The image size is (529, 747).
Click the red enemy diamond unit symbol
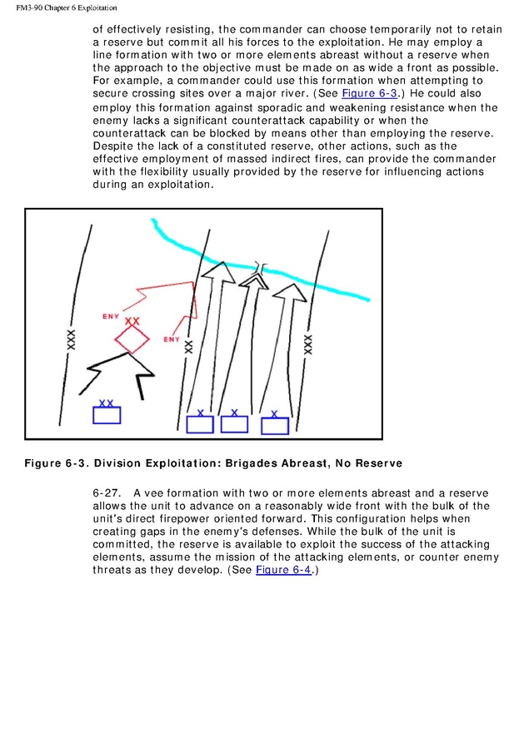(x=131, y=339)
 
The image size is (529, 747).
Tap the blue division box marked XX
(x=107, y=414)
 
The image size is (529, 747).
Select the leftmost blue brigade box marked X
(x=200, y=424)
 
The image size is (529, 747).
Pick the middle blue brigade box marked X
(x=234, y=423)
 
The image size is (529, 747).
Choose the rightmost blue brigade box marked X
(x=275, y=425)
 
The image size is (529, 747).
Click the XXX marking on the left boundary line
(x=72, y=339)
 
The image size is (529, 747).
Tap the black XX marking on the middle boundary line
(x=188, y=347)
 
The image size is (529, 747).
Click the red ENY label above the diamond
(x=110, y=317)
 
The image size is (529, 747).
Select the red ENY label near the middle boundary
(x=171, y=339)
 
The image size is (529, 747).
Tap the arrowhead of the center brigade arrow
(x=256, y=280)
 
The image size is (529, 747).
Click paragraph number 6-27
(x=106, y=493)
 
